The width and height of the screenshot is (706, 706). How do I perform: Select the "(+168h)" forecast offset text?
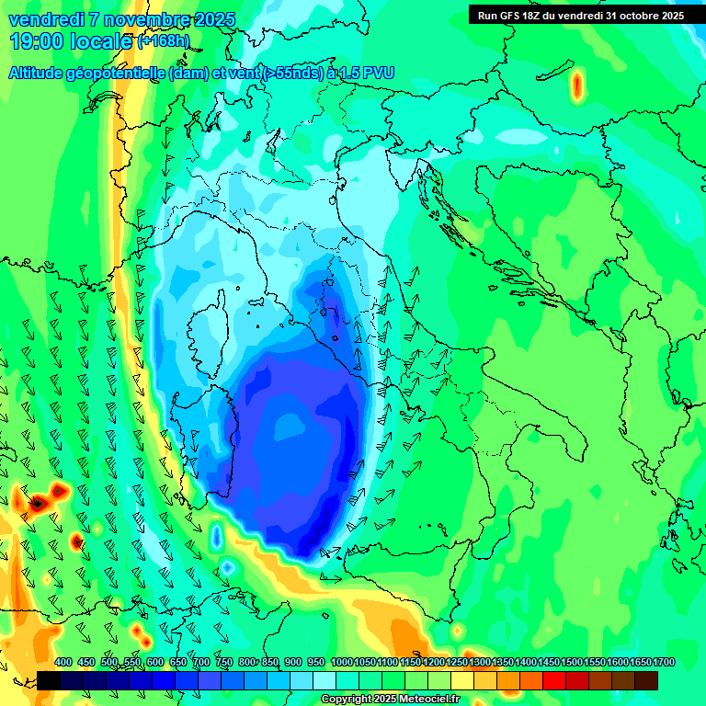[163, 41]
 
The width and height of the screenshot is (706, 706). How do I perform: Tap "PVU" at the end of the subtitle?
[378, 73]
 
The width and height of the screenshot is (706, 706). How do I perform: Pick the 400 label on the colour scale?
[63, 662]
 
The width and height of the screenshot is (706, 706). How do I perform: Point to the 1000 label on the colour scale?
[341, 662]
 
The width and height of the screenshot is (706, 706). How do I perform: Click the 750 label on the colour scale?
[224, 662]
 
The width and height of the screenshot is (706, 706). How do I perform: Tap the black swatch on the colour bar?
[49, 680]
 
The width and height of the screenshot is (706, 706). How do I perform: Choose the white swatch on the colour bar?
[325, 680]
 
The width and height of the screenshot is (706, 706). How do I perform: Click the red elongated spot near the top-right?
[577, 85]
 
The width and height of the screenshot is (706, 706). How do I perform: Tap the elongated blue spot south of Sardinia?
[217, 536]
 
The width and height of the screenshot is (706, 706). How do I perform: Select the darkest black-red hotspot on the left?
[39, 504]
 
